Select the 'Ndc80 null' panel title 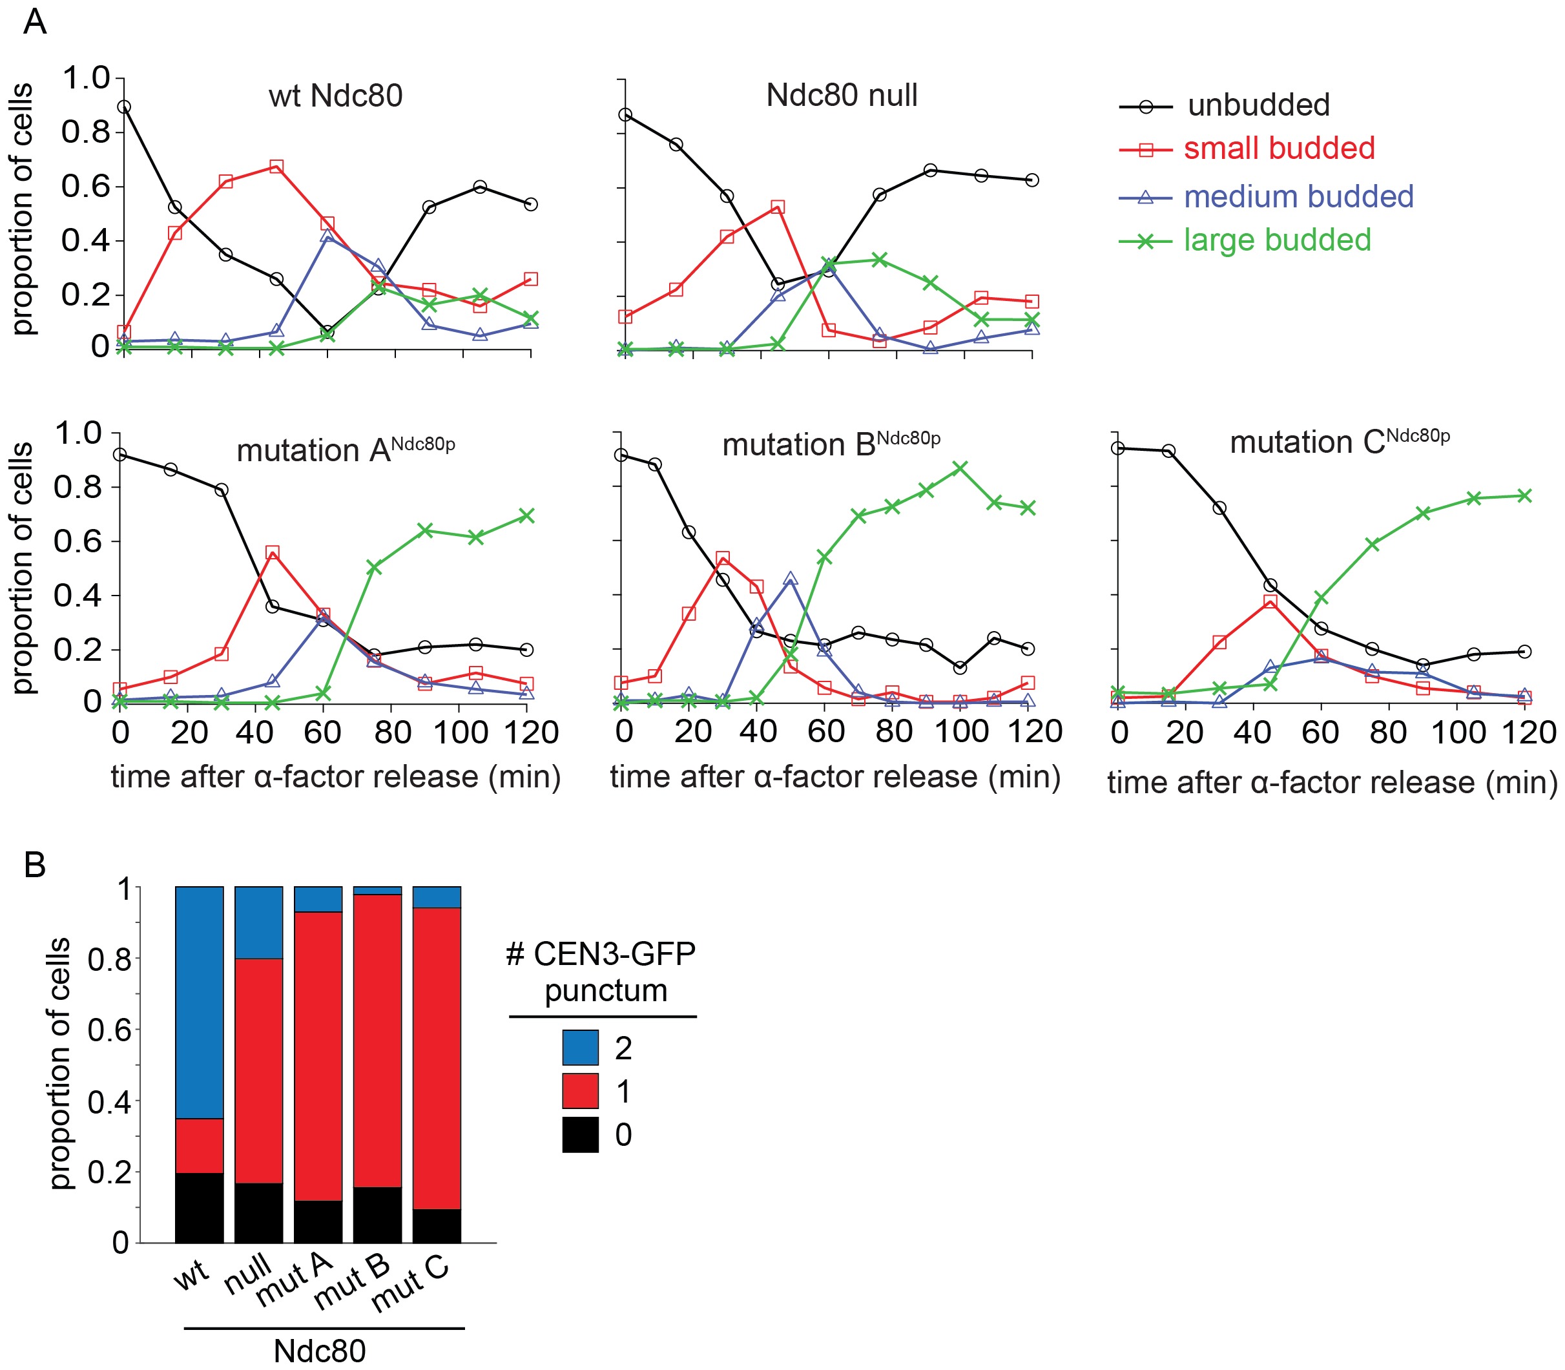[x=841, y=96]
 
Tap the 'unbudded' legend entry [x=1258, y=105]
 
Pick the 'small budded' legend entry [x=1278, y=149]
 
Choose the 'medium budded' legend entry [x=1298, y=196]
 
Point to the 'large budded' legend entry [x=1277, y=240]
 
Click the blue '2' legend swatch [x=579, y=1048]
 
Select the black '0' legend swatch [x=579, y=1134]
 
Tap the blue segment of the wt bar [x=200, y=1002]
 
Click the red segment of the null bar [x=258, y=1070]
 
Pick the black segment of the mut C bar [x=437, y=1225]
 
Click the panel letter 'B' [x=35, y=866]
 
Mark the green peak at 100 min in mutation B [x=960, y=467]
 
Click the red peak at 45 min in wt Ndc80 [x=276, y=167]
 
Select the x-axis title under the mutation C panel [x=1332, y=782]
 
